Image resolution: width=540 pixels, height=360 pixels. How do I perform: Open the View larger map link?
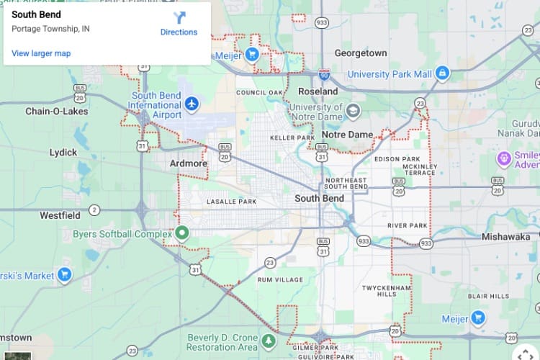coord(41,53)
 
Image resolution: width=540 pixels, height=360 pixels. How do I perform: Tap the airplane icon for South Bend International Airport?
coord(192,104)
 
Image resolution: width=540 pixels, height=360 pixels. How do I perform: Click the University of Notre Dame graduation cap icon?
coord(353,111)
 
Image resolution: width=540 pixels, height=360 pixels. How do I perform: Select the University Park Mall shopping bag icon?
coord(442,73)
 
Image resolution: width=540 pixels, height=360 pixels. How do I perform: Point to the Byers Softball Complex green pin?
coord(182,233)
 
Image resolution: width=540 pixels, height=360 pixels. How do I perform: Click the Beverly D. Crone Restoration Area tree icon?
coord(269,340)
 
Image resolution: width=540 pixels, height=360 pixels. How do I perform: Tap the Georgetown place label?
coord(361,53)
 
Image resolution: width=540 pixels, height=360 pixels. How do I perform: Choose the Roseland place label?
coord(318,91)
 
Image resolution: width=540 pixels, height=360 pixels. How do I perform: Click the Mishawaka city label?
coord(505,236)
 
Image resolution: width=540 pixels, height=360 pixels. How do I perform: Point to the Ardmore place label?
coord(189,163)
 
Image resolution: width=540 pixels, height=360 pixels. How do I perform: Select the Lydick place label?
coord(63,152)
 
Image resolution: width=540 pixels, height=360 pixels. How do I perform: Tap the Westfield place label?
coord(60,215)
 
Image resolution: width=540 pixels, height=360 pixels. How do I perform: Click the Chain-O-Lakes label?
coord(57,112)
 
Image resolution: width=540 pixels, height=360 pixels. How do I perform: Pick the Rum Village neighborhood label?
coord(279,279)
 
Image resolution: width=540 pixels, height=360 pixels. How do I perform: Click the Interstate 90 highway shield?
coord(325,74)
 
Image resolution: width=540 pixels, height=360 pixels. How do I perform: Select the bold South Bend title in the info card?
coord(37,14)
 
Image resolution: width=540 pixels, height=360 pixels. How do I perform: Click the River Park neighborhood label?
coord(408,225)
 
